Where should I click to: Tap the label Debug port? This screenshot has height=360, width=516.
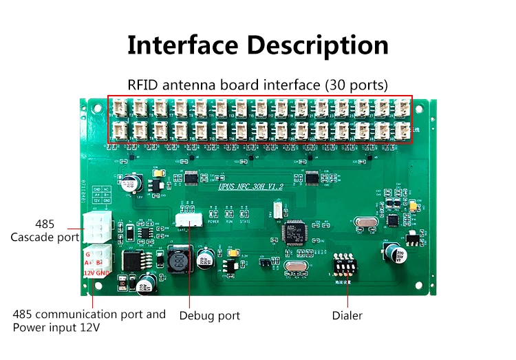[210, 316]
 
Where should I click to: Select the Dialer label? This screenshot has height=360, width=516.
[347, 316]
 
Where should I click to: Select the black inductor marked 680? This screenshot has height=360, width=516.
[178, 262]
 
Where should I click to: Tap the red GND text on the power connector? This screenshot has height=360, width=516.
[103, 273]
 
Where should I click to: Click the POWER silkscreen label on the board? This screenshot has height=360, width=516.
[213, 222]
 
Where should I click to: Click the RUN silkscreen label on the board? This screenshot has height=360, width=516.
[230, 222]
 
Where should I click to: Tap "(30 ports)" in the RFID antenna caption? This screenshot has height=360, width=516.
[356, 85]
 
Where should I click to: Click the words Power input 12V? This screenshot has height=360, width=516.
[56, 328]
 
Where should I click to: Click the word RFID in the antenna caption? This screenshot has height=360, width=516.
[144, 85]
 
